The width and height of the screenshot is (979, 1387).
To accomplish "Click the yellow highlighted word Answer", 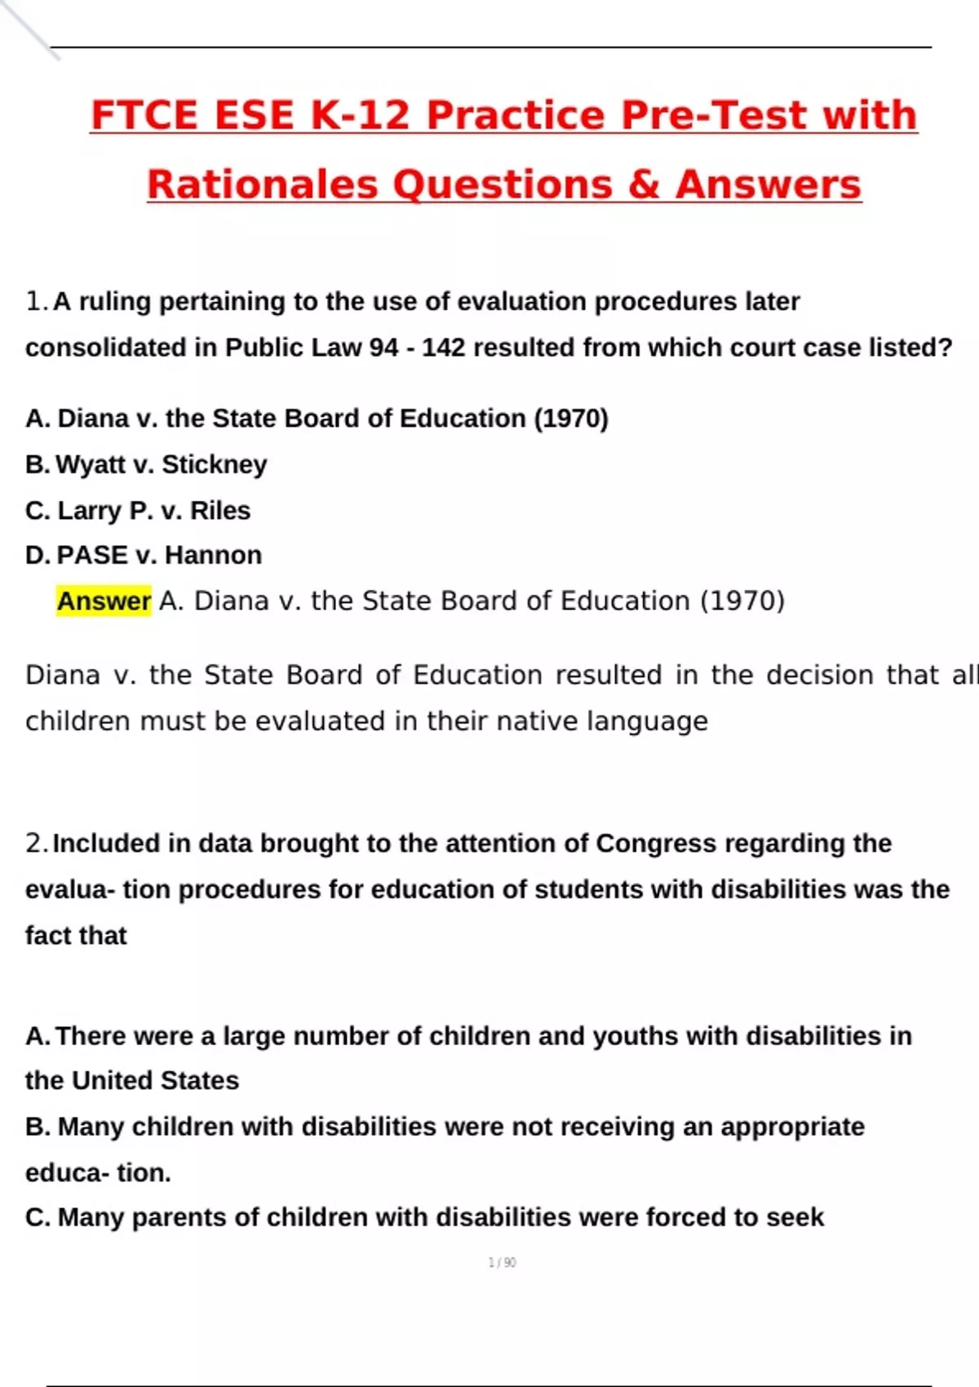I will click(104, 601).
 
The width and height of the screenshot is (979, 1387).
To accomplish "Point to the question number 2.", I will click(36, 843).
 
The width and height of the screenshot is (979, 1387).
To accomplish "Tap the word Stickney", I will click(215, 464).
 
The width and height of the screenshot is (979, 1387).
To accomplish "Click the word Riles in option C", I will click(220, 511).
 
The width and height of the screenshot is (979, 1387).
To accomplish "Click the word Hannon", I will click(213, 556).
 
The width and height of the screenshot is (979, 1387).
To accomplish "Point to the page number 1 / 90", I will click(502, 1262).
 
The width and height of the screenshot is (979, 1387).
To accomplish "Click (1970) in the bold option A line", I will click(571, 419).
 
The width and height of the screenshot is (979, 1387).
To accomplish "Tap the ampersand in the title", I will click(644, 184).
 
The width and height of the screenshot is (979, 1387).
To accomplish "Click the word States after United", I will click(200, 1081).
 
